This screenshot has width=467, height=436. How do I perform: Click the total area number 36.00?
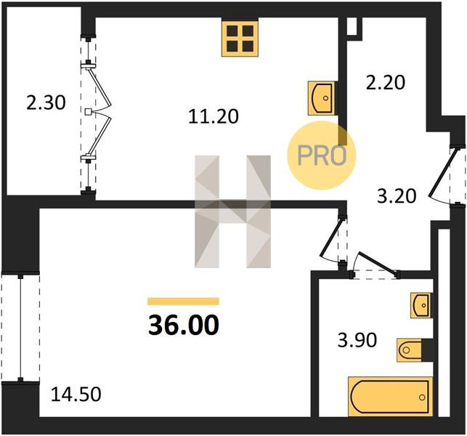184,326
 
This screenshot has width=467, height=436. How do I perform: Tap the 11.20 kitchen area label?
214,116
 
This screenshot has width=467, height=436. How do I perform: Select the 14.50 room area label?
76,394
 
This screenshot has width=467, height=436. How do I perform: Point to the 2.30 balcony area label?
46,103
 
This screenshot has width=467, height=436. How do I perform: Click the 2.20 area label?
386,83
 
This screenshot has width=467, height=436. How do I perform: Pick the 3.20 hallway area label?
397,196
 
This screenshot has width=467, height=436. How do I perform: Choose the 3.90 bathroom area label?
357,340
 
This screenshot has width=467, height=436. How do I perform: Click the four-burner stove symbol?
240,39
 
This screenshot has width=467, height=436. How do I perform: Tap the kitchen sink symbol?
321,98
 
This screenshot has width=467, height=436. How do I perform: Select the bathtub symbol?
390,397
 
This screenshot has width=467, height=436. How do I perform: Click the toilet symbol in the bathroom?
409,350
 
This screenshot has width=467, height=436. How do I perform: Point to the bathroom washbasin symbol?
421,305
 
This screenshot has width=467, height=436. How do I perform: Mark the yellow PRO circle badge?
322,156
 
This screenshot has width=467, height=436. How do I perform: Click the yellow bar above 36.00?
184,302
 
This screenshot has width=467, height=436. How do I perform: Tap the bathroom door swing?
377,264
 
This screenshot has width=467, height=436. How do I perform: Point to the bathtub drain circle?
422,397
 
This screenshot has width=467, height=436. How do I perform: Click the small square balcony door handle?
88,112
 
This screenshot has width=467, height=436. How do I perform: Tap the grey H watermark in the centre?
232,211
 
